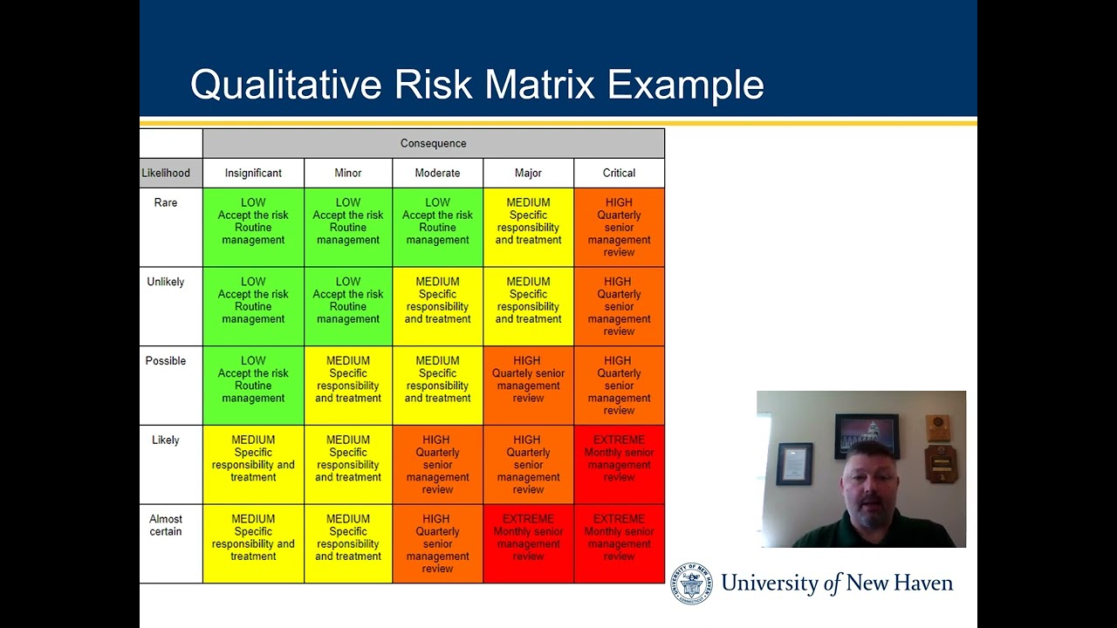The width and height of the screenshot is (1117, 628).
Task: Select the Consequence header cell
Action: (x=433, y=143)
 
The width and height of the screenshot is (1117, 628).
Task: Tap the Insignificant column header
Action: (x=253, y=173)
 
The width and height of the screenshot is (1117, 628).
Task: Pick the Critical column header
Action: (x=619, y=173)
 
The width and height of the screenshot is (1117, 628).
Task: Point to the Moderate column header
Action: (x=437, y=173)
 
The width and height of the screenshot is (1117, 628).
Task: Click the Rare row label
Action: (x=166, y=203)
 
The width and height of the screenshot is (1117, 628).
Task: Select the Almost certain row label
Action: (x=166, y=525)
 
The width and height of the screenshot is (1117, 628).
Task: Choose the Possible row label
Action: (x=166, y=361)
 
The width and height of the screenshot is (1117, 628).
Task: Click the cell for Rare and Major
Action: (x=528, y=227)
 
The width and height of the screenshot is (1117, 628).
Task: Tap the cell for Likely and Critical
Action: (x=619, y=464)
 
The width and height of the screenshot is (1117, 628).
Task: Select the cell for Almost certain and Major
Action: (x=528, y=543)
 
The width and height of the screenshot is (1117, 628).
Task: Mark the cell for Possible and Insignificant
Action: (x=253, y=385)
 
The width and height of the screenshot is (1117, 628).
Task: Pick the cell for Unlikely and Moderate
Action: (x=437, y=305)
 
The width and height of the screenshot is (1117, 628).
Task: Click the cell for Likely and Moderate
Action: (x=437, y=464)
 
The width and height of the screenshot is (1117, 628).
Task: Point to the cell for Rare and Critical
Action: (x=619, y=227)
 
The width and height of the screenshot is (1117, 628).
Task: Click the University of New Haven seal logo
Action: (x=691, y=584)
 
